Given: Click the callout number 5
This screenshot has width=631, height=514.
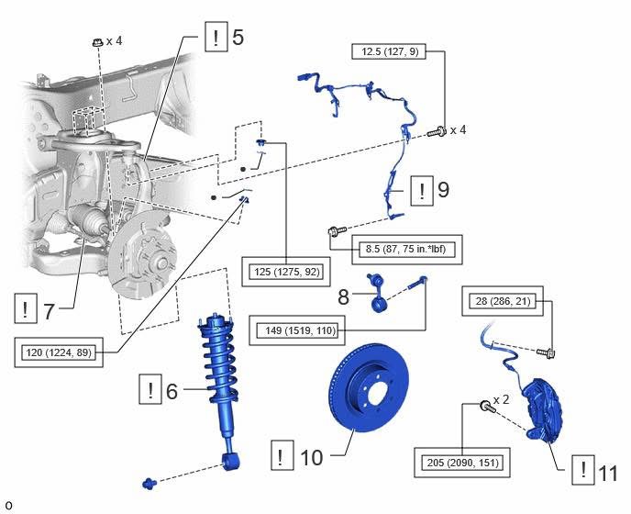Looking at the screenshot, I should tap(238, 39).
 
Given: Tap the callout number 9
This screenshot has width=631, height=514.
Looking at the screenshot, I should tap(443, 191).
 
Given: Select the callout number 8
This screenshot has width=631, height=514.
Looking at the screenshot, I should tap(344, 296).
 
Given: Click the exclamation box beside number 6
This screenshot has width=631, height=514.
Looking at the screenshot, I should tap(149, 391).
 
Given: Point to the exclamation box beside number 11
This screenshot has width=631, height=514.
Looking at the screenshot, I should tap(581, 472).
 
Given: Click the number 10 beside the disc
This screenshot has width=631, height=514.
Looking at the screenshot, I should tap(312, 455).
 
